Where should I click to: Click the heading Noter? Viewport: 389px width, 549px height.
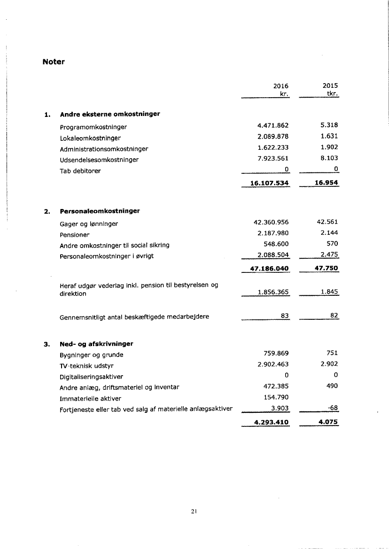pyautogui.click(x=53, y=62)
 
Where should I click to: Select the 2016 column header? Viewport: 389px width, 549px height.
pyautogui.click(x=280, y=86)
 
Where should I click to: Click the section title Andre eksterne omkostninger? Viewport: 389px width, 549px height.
pyautogui.click(x=110, y=114)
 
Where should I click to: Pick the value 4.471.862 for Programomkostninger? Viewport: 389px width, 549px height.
pyautogui.click(x=273, y=125)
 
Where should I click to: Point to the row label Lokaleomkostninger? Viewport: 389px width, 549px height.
pyautogui.click(x=90, y=138)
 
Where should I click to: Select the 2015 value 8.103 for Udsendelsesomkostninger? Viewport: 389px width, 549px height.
pyautogui.click(x=329, y=159)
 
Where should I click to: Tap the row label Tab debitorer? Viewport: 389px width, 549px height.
pyautogui.click(x=80, y=170)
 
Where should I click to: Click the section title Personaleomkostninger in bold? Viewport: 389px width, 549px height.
pyautogui.click(x=100, y=211)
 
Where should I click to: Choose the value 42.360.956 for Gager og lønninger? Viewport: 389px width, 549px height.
pyautogui.click(x=271, y=222)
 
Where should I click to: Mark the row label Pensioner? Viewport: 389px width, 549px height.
pyautogui.click(x=74, y=234)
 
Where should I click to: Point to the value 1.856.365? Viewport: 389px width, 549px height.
pyautogui.click(x=273, y=292)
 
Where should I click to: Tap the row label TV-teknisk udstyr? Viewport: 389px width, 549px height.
pyautogui.click(x=86, y=365)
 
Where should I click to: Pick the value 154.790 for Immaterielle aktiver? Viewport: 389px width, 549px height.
pyautogui.click(x=277, y=398)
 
